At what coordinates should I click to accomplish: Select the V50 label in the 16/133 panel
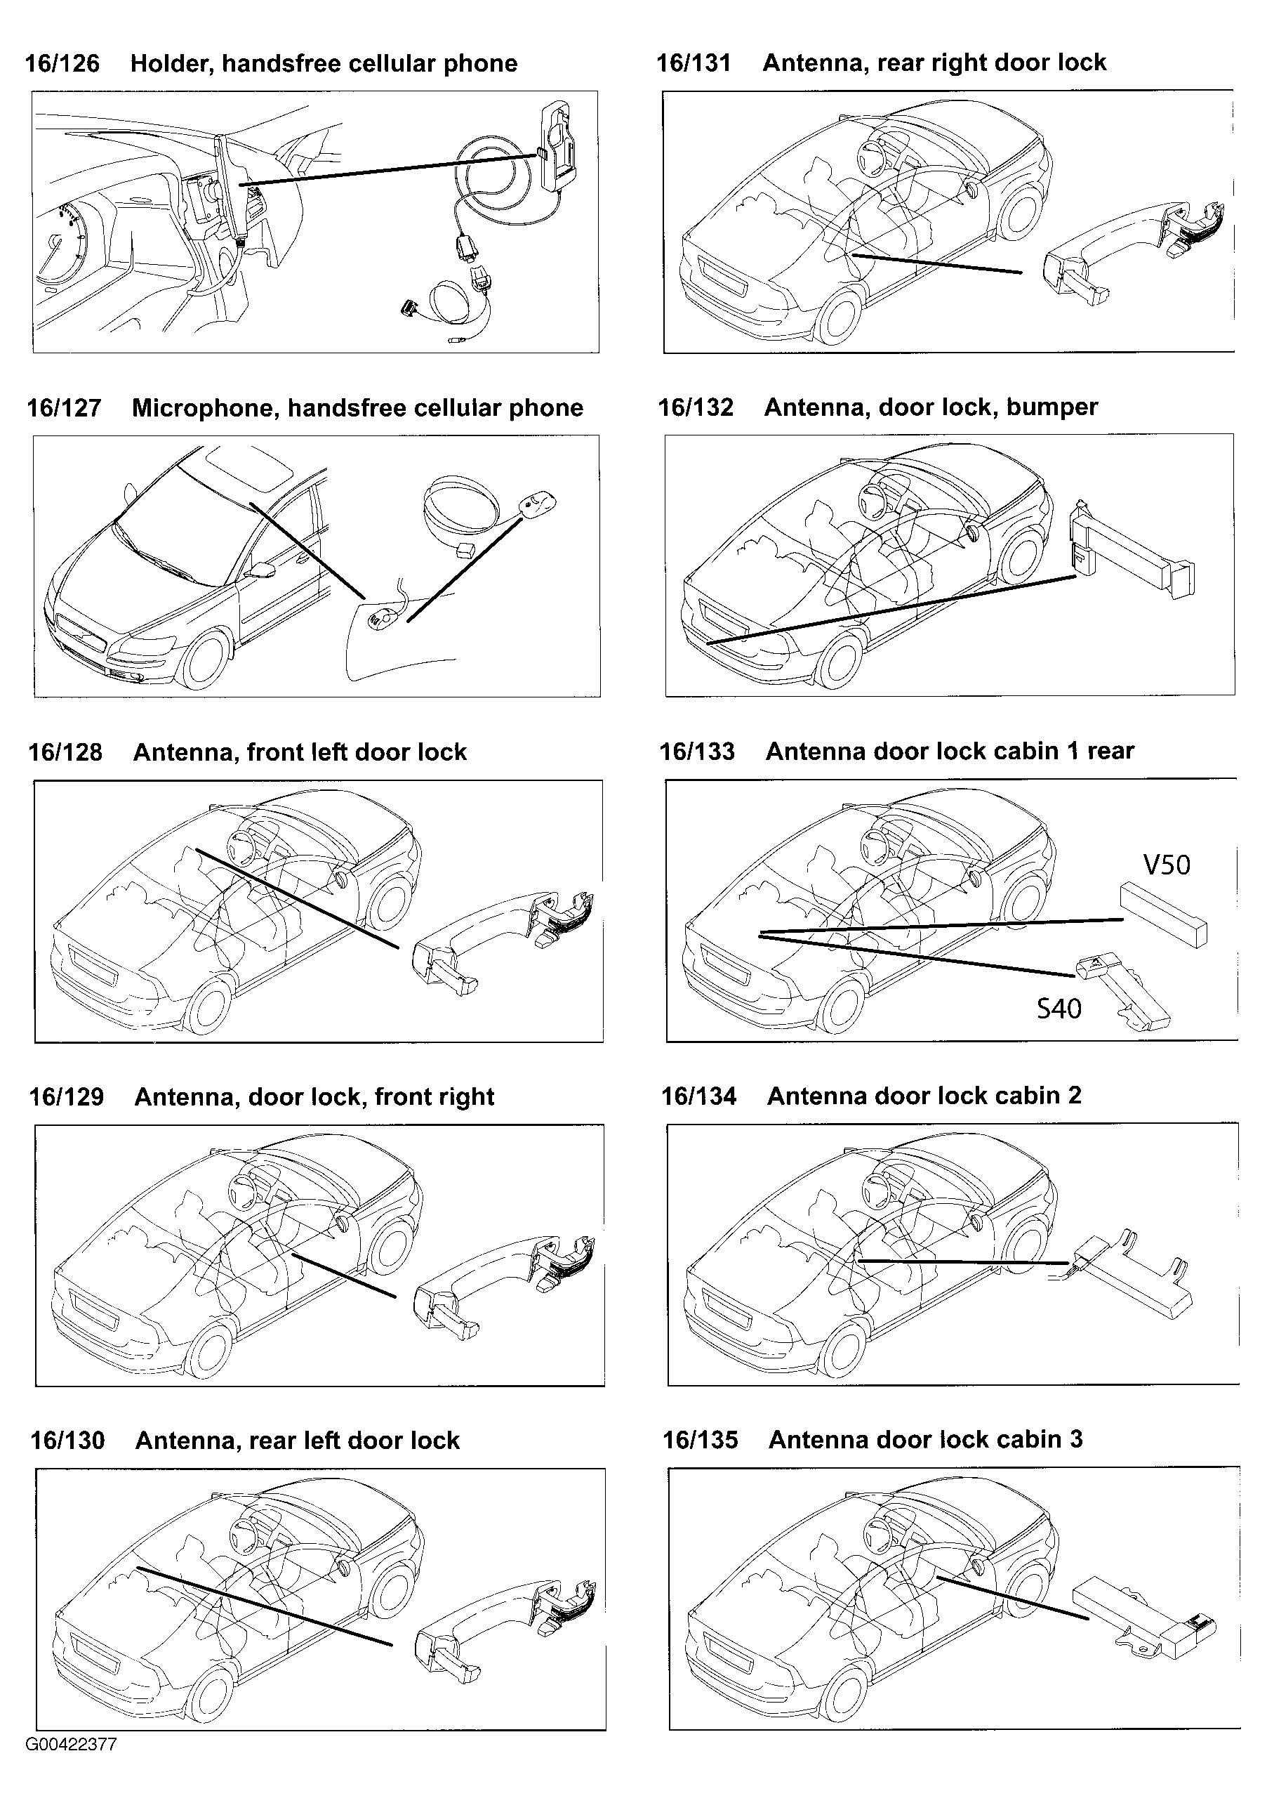[1166, 865]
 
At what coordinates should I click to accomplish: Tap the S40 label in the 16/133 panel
[1059, 1009]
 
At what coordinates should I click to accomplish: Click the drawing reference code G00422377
[72, 1745]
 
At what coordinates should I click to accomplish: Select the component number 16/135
[701, 1440]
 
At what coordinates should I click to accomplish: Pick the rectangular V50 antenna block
[1163, 913]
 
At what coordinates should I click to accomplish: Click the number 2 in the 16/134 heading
[1074, 1096]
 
